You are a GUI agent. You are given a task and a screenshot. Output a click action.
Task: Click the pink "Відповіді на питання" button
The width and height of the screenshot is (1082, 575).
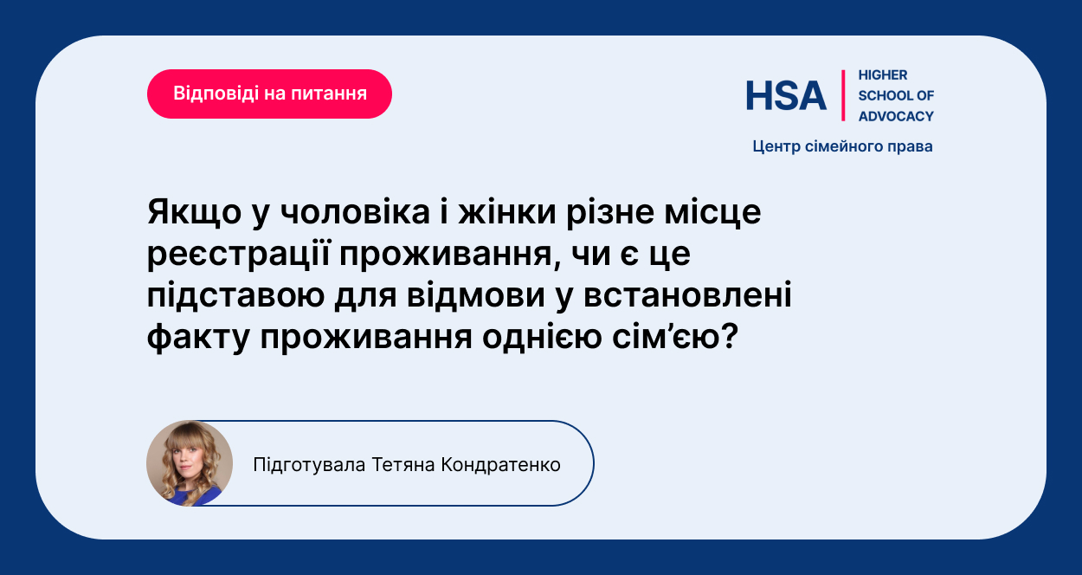pyautogui.click(x=269, y=94)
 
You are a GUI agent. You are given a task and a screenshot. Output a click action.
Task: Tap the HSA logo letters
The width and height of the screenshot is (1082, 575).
pyautogui.click(x=786, y=95)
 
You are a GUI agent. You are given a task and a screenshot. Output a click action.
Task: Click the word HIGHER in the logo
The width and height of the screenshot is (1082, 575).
pyautogui.click(x=883, y=75)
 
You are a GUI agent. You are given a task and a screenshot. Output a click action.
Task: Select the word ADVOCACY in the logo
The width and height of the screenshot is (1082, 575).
pyautogui.click(x=896, y=116)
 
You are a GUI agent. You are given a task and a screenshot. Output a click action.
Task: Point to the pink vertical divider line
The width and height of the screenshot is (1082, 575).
pyautogui.click(x=843, y=95)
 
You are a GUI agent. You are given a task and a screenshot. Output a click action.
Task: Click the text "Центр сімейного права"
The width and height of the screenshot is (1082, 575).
pyautogui.click(x=842, y=146)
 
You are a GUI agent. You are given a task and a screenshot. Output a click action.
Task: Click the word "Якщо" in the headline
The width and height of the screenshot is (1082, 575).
pyautogui.click(x=194, y=213)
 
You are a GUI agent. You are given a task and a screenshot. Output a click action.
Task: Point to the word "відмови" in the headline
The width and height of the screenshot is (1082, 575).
pyautogui.click(x=476, y=295)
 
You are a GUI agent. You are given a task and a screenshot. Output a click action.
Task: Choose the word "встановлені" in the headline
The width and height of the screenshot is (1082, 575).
pyautogui.click(x=687, y=294)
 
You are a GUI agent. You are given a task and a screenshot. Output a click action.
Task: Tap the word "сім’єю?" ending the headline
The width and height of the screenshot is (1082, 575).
pyautogui.click(x=675, y=336)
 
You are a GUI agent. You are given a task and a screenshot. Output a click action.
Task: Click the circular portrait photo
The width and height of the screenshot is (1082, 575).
pyautogui.click(x=190, y=463)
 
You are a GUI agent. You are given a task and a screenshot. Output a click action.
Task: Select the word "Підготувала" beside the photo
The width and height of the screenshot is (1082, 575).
pyautogui.click(x=309, y=465)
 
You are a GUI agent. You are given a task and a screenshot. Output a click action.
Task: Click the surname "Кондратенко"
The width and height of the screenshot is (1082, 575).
pyautogui.click(x=501, y=465)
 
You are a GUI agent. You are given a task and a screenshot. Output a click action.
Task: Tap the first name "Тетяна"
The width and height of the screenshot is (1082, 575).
pyautogui.click(x=403, y=465)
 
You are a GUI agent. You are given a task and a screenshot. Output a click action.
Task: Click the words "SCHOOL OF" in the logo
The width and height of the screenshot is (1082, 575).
pyautogui.click(x=896, y=95)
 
